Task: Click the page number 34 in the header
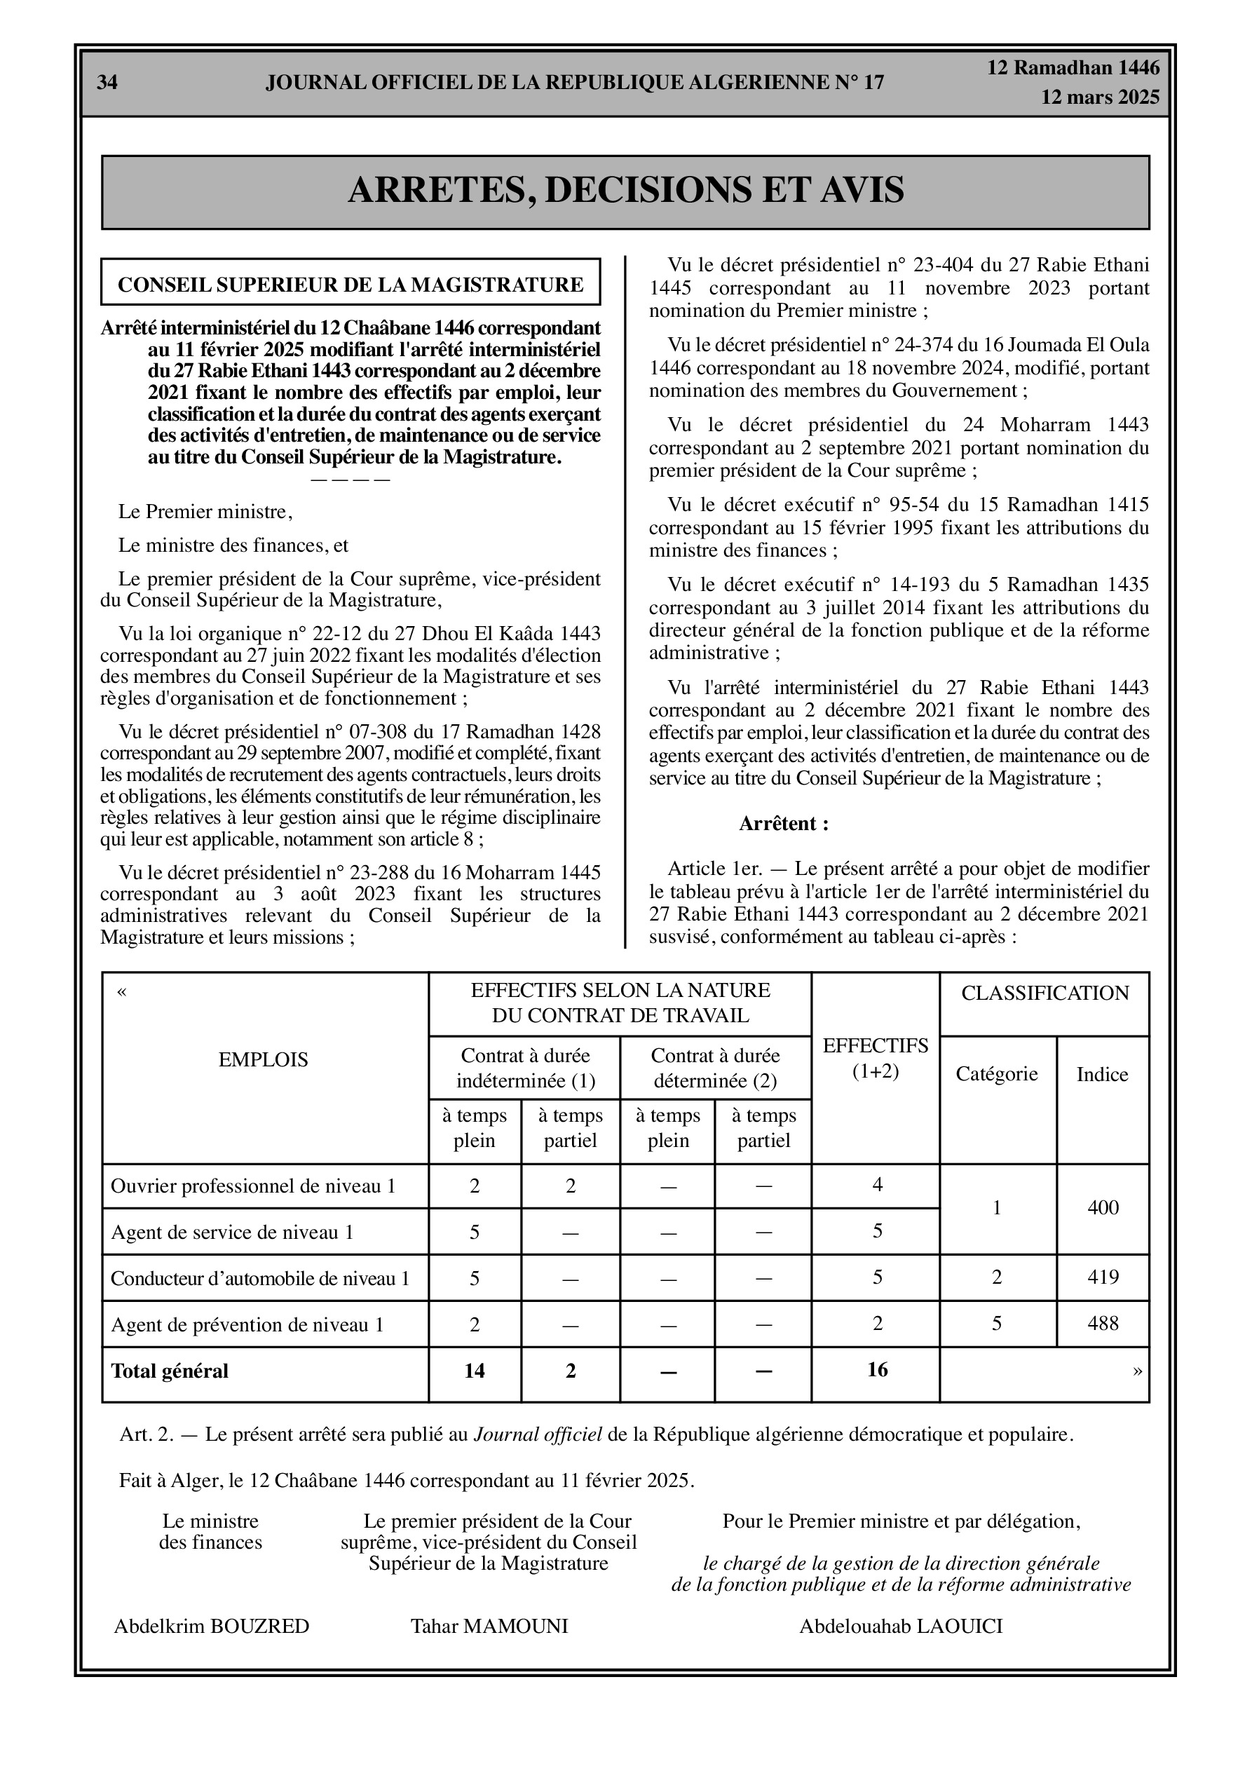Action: pyautogui.click(x=107, y=83)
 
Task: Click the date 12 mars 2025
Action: pyautogui.click(x=1100, y=97)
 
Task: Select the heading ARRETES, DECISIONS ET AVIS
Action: pyautogui.click(x=625, y=191)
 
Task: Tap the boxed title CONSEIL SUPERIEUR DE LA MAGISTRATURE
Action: pyautogui.click(x=351, y=285)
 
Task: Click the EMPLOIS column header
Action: pyautogui.click(x=263, y=1060)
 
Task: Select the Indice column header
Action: pyautogui.click(x=1103, y=1075)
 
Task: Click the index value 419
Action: pyautogui.click(x=1103, y=1277)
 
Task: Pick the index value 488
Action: pyautogui.click(x=1103, y=1324)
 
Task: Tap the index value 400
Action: pyautogui.click(x=1103, y=1208)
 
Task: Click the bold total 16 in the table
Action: pyautogui.click(x=877, y=1370)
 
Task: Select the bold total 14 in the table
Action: pyautogui.click(x=475, y=1371)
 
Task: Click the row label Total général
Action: pyautogui.click(x=170, y=1371)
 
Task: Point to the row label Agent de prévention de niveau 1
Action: pyautogui.click(x=247, y=1325)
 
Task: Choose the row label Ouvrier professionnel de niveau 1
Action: pyautogui.click(x=253, y=1186)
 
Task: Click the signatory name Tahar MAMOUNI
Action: pyautogui.click(x=489, y=1627)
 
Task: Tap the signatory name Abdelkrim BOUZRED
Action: pyautogui.click(x=212, y=1627)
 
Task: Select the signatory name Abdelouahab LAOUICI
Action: pyautogui.click(x=901, y=1627)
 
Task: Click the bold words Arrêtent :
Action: pyautogui.click(x=784, y=824)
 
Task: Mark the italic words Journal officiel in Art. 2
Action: pyautogui.click(x=538, y=1434)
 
